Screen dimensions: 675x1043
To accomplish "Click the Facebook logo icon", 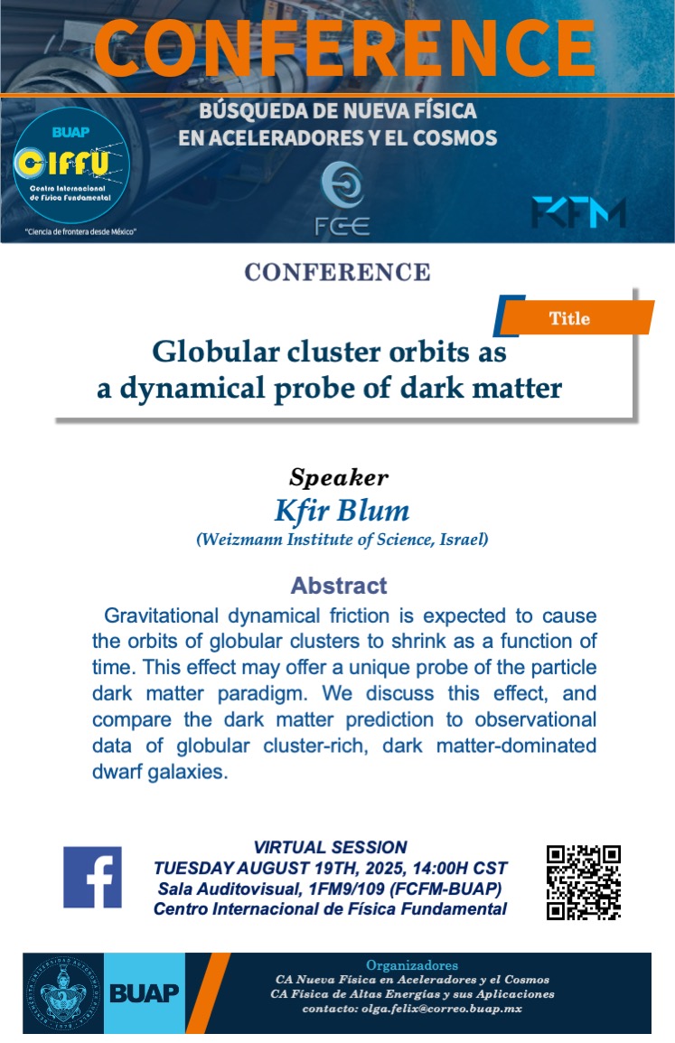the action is (92, 877).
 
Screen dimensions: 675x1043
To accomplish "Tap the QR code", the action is (583, 882).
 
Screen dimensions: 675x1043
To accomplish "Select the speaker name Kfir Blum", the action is (342, 511).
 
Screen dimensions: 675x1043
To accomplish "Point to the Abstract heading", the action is (339, 586).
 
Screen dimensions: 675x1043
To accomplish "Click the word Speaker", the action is (339, 477).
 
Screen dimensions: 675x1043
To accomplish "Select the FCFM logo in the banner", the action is (578, 213).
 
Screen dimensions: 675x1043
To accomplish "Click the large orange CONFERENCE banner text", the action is (344, 49).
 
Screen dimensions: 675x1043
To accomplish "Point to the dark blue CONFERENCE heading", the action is (337, 272).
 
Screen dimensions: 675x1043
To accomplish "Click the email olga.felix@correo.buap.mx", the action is (442, 1009).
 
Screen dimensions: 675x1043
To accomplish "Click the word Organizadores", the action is (412, 965).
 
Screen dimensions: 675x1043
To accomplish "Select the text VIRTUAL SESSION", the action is (330, 847).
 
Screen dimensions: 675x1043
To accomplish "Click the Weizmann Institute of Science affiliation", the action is (342, 540).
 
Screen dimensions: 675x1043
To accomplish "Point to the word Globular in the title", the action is (215, 352).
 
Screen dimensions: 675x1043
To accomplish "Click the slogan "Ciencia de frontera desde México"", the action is (80, 231).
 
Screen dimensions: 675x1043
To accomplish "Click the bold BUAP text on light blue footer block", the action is (145, 993).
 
